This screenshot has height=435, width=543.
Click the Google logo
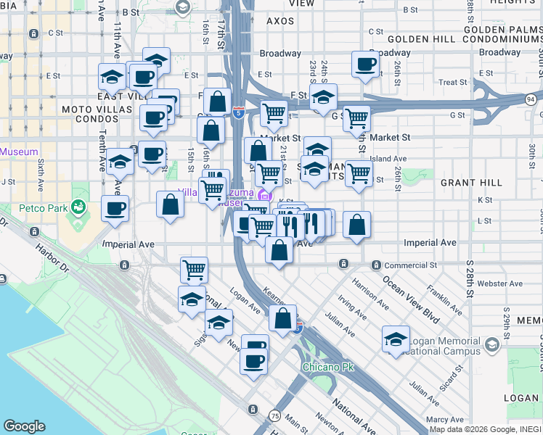(24, 426)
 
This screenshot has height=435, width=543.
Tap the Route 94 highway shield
(531, 99)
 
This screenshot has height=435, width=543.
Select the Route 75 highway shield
(274, 415)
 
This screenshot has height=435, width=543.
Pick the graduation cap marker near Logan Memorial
(396, 339)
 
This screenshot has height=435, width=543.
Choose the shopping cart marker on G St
(356, 117)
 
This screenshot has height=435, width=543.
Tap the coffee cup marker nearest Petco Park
(115, 209)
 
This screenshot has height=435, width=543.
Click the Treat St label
(453, 83)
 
